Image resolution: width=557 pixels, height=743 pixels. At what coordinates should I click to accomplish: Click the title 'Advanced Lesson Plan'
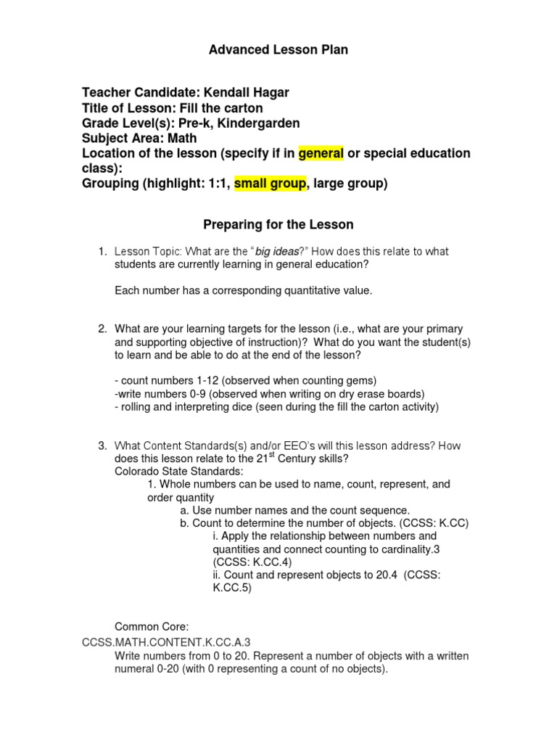278,50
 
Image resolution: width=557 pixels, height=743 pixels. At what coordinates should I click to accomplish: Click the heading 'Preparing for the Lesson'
278,225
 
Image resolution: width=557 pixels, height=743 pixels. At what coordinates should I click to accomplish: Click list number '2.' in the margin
103,329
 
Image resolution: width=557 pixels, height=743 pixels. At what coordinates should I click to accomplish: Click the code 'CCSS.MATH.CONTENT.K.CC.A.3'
167,642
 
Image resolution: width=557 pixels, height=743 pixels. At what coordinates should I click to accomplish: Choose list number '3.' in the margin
103,445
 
